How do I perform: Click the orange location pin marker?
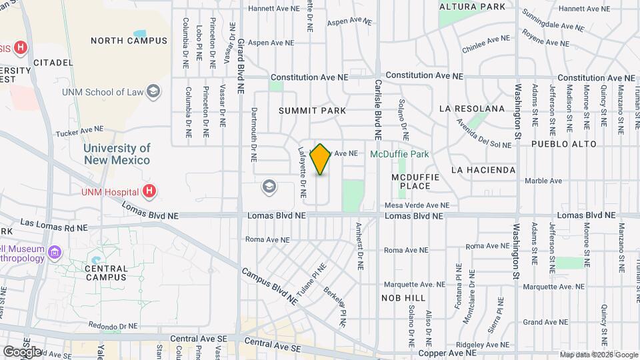321,159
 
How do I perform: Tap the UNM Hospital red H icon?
150,191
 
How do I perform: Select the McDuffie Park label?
399,154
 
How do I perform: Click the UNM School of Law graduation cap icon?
154,91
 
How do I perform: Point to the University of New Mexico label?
117,155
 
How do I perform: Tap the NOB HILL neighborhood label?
403,297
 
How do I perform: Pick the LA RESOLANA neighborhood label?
472,108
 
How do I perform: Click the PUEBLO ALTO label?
559,143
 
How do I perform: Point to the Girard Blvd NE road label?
241,65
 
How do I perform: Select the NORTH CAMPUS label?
129,41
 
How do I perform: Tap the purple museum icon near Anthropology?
55,253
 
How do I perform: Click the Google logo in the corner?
22,351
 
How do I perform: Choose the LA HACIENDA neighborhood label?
483,170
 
